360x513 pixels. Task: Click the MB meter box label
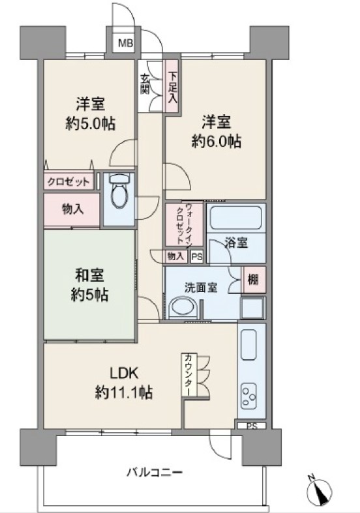pos(126,43)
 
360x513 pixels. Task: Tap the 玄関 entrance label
pos(145,84)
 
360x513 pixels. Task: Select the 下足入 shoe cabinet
pos(172,87)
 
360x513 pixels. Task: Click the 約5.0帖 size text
pos(91,124)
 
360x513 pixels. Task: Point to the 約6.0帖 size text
pos(217,141)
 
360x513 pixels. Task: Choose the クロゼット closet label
pos(68,182)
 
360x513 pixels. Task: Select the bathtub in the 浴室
pos(235,218)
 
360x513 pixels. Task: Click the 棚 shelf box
pos(253,280)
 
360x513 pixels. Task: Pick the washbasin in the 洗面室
pos(183,308)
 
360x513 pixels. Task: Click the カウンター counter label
pos(188,374)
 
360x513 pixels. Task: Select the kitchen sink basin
pos(248,345)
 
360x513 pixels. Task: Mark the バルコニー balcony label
pos(155,473)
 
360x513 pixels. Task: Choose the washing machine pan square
pos(252,308)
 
